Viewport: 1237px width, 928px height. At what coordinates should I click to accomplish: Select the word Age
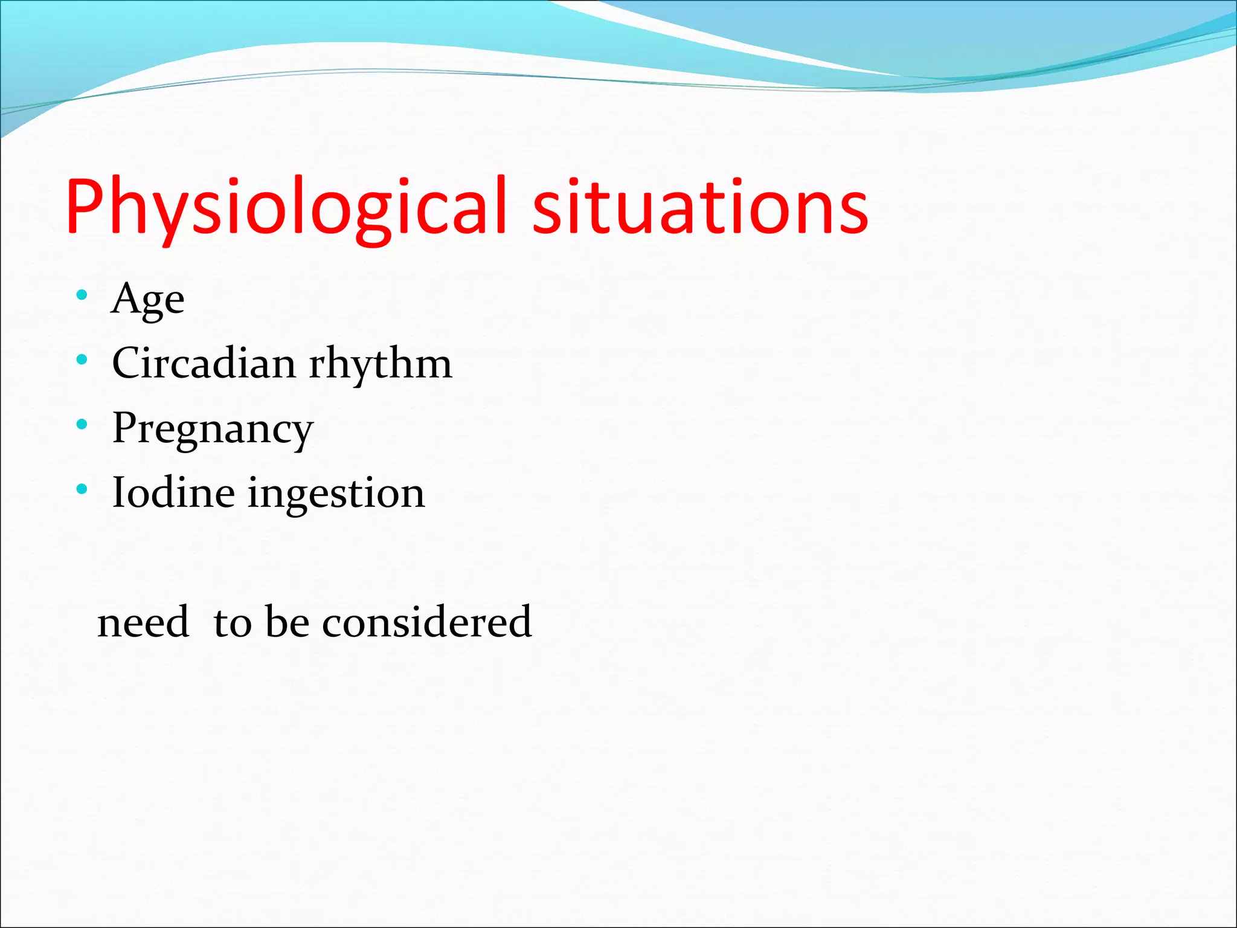pos(147,300)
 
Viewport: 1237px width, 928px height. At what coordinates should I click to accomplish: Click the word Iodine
pos(173,492)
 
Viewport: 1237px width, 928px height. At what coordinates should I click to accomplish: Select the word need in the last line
pos(143,622)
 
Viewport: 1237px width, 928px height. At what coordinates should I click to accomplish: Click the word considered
pos(426,622)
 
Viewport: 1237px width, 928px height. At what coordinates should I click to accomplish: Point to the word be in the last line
pos(288,622)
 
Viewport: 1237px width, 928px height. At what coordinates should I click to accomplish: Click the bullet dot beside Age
pos(82,295)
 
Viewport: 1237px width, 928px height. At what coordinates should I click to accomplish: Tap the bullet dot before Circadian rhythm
pos(82,360)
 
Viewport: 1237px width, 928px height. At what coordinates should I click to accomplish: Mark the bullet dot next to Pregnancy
pos(82,424)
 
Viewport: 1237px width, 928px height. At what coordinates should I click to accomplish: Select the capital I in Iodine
pos(119,492)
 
